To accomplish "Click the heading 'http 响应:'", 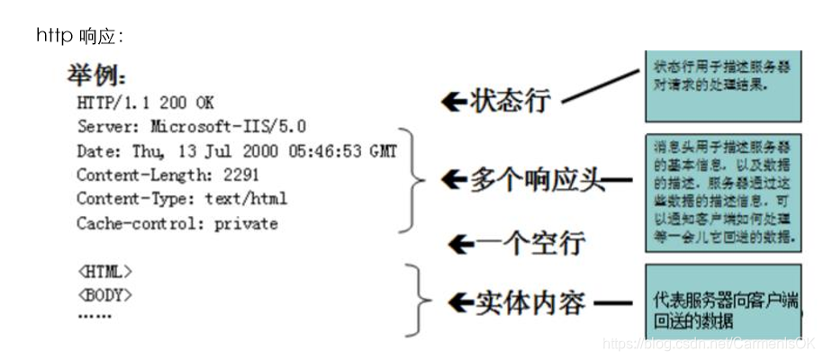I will (79, 36).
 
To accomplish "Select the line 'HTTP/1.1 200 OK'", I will (145, 102).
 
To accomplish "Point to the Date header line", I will (236, 150).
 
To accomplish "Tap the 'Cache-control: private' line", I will (177, 223).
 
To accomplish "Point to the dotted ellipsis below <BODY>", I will (95, 315).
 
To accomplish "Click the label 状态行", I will (510, 100).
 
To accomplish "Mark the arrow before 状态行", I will (453, 101).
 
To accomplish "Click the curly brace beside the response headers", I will (415, 180).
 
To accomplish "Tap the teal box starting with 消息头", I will (722, 193).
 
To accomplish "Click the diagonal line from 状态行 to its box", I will (601, 87).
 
